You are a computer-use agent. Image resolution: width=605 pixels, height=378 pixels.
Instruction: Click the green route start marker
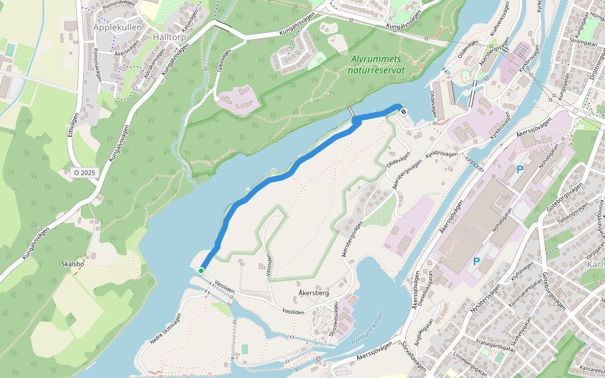point(201,270)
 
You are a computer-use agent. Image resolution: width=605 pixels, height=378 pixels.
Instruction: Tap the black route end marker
point(403,112)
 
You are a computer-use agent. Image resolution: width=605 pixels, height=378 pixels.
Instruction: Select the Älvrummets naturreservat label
point(376,64)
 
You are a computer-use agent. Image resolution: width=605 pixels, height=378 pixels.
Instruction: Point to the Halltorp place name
point(170,37)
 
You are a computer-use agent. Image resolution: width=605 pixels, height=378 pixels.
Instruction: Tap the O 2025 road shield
point(84,172)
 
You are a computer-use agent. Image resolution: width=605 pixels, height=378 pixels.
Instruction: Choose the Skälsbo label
point(72,264)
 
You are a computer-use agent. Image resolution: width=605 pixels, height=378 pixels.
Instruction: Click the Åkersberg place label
point(313,293)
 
